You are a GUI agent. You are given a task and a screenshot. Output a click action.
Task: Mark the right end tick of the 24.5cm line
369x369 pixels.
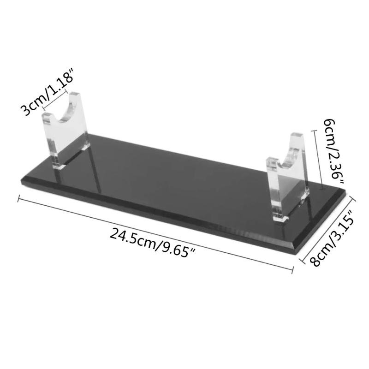(293, 268)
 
